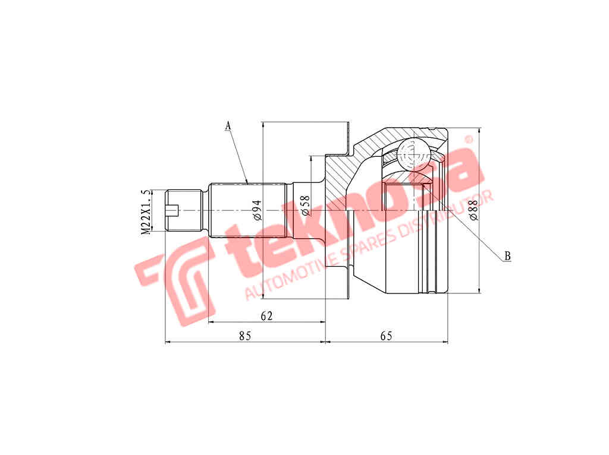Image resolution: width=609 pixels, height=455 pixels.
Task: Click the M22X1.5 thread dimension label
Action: pyautogui.click(x=145, y=213)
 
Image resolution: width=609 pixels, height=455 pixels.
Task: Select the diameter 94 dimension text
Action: pyautogui.click(x=257, y=210)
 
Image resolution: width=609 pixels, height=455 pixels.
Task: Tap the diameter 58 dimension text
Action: pyautogui.click(x=306, y=205)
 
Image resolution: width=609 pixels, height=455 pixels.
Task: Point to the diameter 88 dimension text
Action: pyautogui.click(x=473, y=210)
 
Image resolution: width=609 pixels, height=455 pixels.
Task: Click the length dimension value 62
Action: pyautogui.click(x=266, y=316)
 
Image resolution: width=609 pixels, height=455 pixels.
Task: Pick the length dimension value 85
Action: pyautogui.click(x=245, y=336)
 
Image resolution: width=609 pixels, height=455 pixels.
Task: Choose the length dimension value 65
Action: pyautogui.click(x=386, y=336)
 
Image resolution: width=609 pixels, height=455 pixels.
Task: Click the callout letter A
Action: pyautogui.click(x=228, y=125)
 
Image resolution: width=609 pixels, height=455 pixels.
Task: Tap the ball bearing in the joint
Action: pyautogui.click(x=414, y=154)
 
